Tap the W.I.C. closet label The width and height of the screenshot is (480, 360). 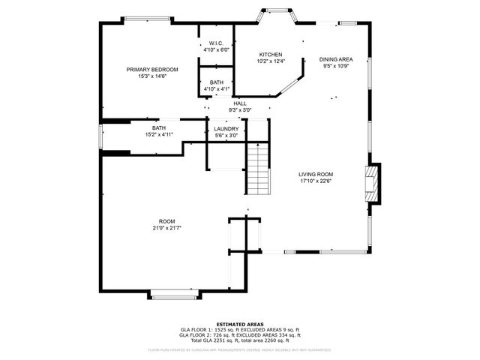point(217,43)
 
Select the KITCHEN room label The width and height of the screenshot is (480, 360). point(270,55)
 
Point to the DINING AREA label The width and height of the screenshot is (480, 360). point(335,58)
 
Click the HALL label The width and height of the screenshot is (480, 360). point(239,103)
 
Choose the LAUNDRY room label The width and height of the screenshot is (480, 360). point(226,128)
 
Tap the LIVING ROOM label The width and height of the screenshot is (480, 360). point(316,174)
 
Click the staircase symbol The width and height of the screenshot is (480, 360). point(257,169)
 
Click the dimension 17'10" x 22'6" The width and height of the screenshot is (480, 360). point(316,181)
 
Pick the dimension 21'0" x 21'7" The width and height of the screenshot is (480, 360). point(166,228)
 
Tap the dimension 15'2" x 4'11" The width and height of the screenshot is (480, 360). point(159,135)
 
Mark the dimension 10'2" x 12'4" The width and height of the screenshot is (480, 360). point(270,62)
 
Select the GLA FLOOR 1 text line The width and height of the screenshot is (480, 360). point(240,329)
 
